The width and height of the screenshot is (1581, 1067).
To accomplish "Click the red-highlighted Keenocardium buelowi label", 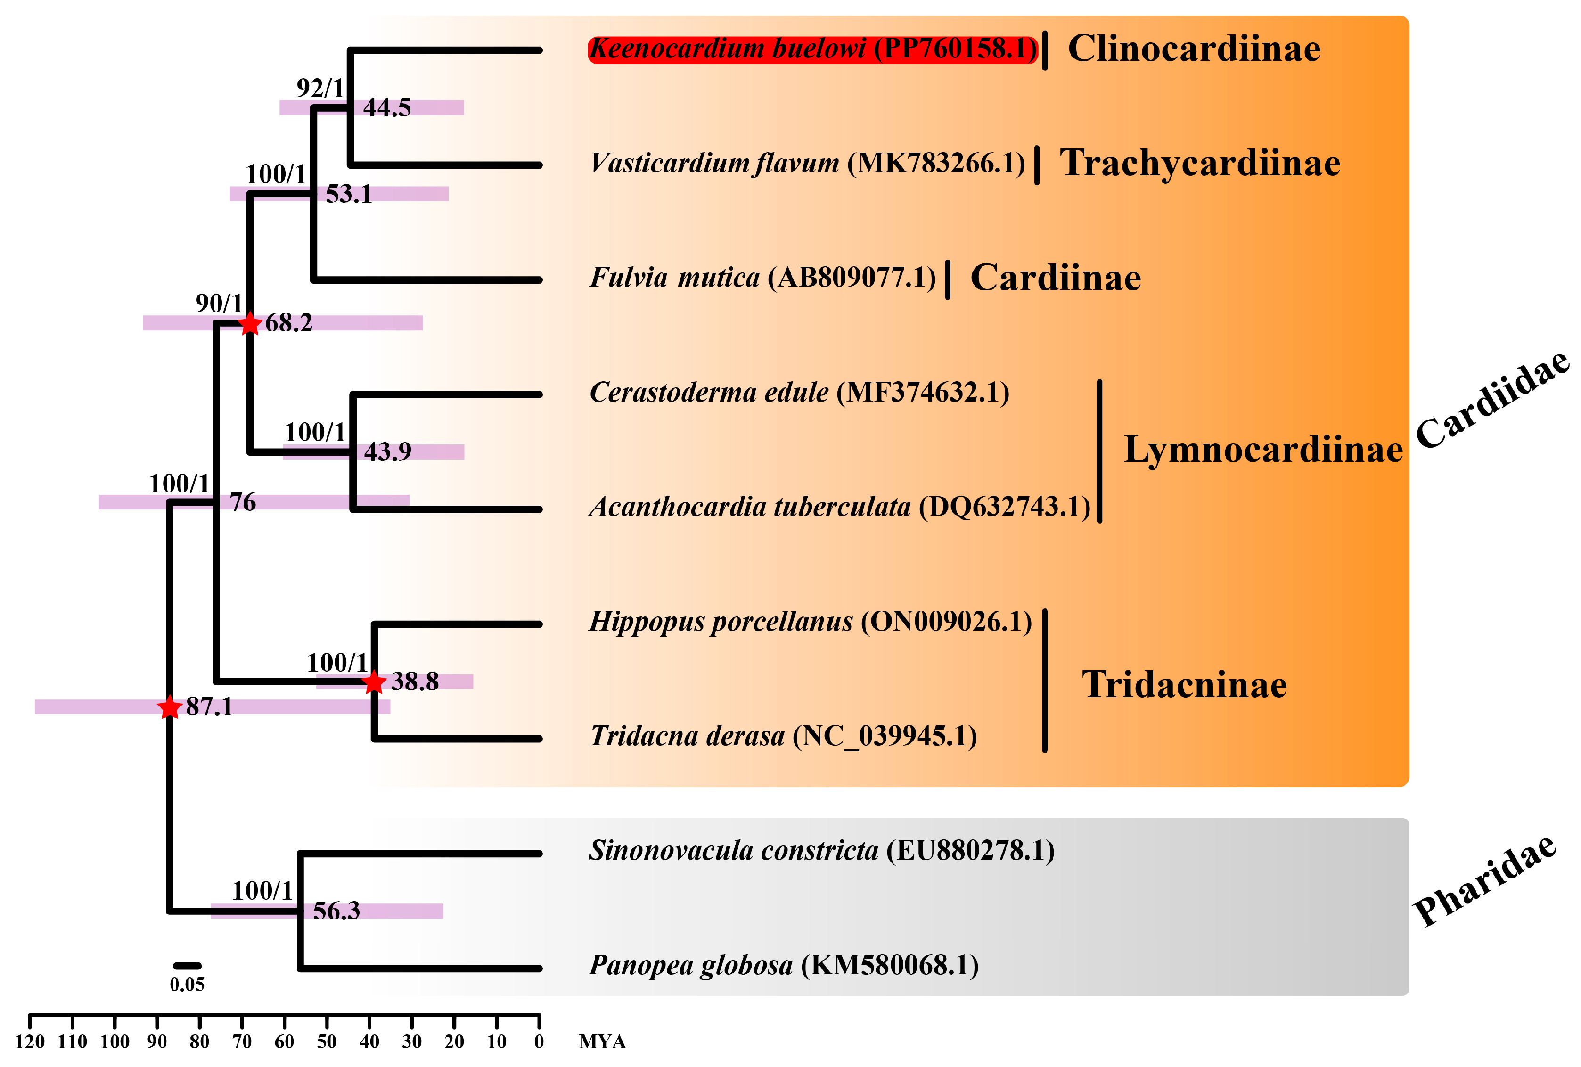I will (x=812, y=49).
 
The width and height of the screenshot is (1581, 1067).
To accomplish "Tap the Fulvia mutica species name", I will (x=762, y=278).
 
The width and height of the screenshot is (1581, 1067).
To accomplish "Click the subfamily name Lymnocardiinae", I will (x=1262, y=450).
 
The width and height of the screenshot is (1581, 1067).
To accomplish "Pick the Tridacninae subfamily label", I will (x=1184, y=685).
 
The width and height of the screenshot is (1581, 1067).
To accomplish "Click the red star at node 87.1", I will (x=169, y=708).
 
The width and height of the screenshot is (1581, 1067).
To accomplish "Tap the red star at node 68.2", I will (x=250, y=323).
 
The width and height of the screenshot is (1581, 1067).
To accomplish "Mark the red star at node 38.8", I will (x=374, y=682).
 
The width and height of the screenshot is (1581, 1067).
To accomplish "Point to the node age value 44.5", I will (x=387, y=107).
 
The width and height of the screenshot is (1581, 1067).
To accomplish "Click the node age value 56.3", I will (x=336, y=911).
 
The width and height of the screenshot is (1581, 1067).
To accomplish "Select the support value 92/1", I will (x=320, y=88).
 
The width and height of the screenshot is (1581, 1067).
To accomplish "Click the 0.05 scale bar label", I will (x=187, y=985).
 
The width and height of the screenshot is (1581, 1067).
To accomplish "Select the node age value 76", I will (x=243, y=502).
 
